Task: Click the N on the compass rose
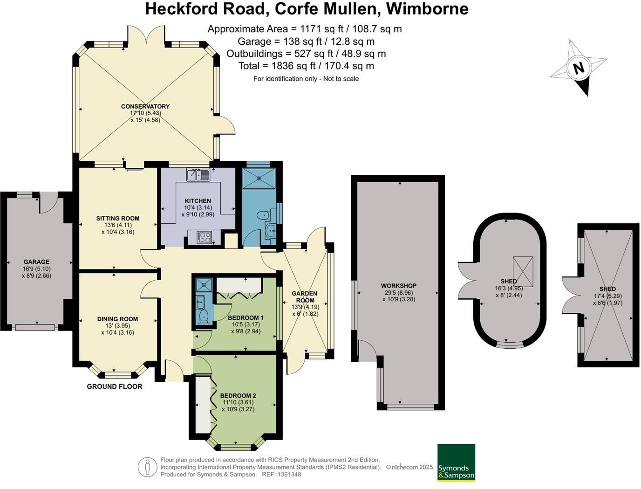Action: [578, 68]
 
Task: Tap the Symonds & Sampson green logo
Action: [456, 462]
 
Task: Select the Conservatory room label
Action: [145, 106]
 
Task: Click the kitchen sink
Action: [198, 175]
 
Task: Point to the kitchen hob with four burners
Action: [204, 237]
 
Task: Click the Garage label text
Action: [36, 262]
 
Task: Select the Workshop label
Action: [398, 286]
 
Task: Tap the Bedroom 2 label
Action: [239, 396]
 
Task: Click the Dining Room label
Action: [117, 319]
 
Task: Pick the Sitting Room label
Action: [118, 218]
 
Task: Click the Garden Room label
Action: [305, 297]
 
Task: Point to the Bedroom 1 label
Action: [245, 318]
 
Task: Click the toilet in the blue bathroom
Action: [263, 215]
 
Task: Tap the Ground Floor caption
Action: [115, 386]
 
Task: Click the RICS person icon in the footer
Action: [148, 467]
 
